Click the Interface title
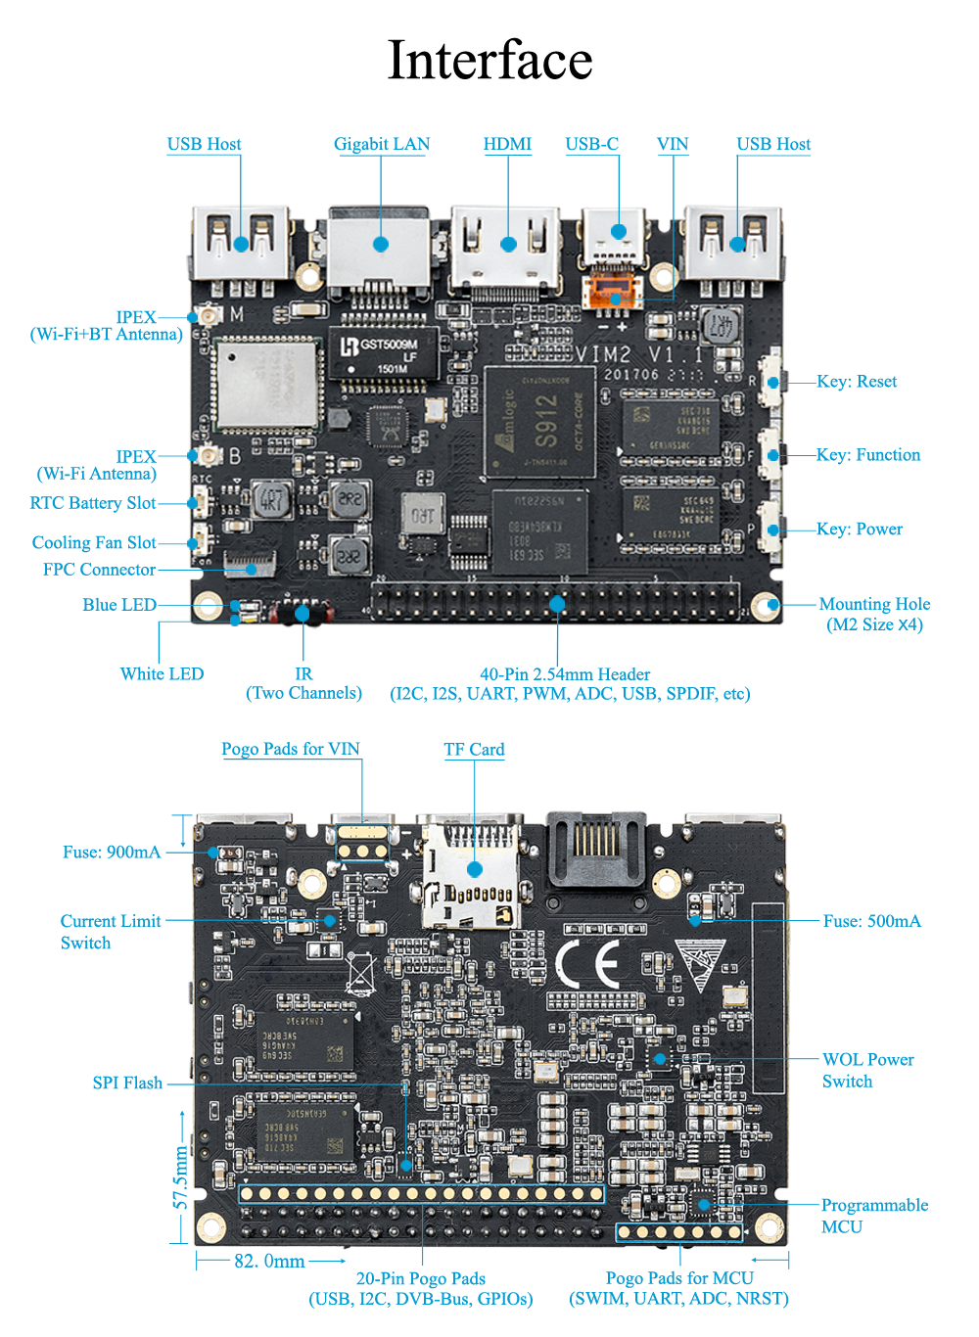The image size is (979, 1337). (x=489, y=60)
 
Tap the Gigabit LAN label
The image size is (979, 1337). (x=382, y=144)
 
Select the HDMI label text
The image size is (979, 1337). (x=507, y=144)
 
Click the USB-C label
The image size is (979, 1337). (x=591, y=144)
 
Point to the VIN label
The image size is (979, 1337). (x=673, y=144)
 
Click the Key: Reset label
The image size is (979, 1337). (x=857, y=382)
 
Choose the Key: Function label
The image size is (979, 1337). (x=868, y=455)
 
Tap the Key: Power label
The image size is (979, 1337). (x=860, y=530)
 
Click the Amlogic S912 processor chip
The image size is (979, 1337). (x=539, y=422)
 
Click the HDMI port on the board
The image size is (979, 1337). (x=507, y=250)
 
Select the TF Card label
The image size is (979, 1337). (x=474, y=750)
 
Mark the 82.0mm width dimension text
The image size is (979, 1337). (x=269, y=1262)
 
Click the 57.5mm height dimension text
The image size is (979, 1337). (x=181, y=1177)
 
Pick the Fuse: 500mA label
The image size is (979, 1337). (x=871, y=921)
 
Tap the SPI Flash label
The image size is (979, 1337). (x=127, y=1083)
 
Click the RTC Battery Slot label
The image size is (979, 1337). (x=93, y=503)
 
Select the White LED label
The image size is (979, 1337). (x=162, y=674)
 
